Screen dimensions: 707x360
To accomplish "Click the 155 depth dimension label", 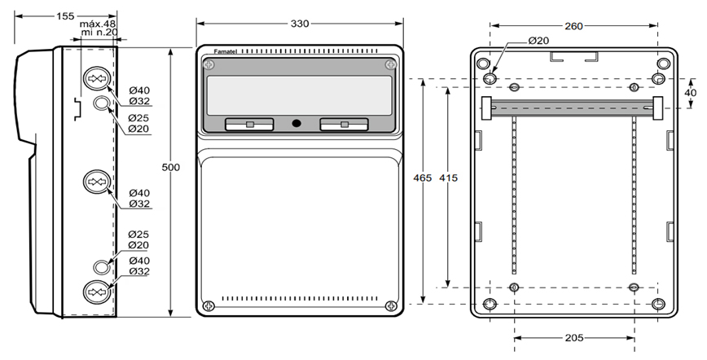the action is coord(65,16).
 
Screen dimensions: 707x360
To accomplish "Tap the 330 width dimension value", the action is coord(300,24).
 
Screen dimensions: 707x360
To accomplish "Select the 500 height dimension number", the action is coord(170,167).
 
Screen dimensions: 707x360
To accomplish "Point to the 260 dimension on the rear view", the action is coord(573,26).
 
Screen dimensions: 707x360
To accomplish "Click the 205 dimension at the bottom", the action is coord(573,337).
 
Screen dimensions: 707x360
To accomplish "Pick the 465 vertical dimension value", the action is coord(423,178).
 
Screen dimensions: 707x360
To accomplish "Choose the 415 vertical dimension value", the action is coord(448,178).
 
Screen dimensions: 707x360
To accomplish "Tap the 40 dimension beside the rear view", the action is coord(691,93).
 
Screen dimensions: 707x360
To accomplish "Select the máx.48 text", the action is coord(98,24).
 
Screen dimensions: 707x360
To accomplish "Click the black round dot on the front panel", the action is coord(296,123).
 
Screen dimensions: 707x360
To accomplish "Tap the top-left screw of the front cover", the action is coord(209,65).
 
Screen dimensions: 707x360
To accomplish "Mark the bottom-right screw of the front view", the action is coord(391,306).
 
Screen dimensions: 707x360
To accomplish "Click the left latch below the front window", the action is coord(249,125).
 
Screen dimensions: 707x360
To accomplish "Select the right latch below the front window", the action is coord(344,125).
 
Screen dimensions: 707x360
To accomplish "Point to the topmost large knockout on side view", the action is coord(97,78).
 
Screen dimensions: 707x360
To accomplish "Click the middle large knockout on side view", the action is coord(97,182).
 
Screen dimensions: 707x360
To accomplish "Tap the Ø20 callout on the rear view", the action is coord(538,41).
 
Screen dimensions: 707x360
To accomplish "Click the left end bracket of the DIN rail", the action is coord(486,108).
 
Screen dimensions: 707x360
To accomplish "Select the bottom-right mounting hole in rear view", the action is coord(658,304).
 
